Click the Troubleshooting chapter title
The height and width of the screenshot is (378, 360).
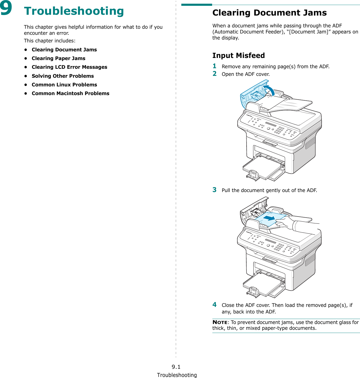pyautogui.click(x=74, y=11)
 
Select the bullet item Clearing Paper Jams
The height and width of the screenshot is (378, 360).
pyautogui.click(x=58, y=58)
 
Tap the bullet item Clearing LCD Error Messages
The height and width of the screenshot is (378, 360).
pyautogui.click(x=69, y=67)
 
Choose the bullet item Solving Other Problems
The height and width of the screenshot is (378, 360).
pyautogui.click(x=63, y=76)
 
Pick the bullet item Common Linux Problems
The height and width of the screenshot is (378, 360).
pyautogui.click(x=64, y=85)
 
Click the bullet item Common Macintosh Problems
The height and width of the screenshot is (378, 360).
pyautogui.click(x=71, y=94)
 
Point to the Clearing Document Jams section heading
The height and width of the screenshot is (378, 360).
pyautogui.click(x=269, y=13)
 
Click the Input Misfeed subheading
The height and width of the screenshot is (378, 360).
pyautogui.click(x=238, y=56)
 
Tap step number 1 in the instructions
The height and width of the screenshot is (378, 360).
pyautogui.click(x=214, y=66)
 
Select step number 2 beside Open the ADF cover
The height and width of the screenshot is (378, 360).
pyautogui.click(x=214, y=74)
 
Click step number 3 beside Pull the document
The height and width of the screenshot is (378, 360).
pyautogui.click(x=214, y=190)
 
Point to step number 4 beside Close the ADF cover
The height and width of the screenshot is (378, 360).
pyautogui.click(x=214, y=305)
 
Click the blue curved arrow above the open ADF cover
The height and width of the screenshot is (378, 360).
pyautogui.click(x=270, y=90)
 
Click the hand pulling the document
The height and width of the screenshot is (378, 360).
pyautogui.click(x=286, y=223)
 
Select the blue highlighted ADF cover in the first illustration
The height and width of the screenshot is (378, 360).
pyautogui.click(x=250, y=96)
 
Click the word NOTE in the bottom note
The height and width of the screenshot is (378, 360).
pyautogui.click(x=220, y=322)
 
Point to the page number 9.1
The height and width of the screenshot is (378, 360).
pyautogui.click(x=176, y=367)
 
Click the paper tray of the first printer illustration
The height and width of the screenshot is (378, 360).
pyautogui.click(x=263, y=167)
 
